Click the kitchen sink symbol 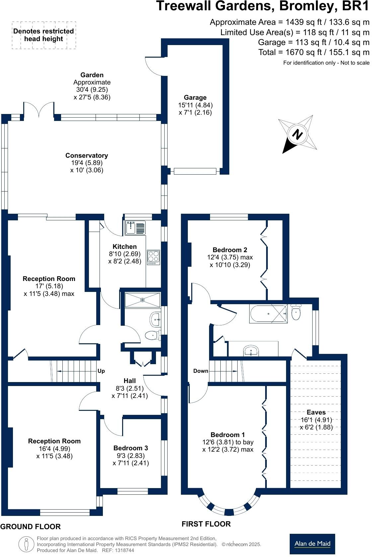[135, 228]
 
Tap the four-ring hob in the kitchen [153, 257]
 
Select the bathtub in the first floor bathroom [268, 314]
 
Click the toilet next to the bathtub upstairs [296, 311]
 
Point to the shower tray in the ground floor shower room [142, 300]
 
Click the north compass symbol [298, 134]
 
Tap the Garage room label [195, 97]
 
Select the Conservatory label [87, 155]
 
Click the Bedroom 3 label [131, 448]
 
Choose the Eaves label [316, 412]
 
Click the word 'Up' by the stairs [101, 371]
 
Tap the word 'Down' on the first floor [201, 371]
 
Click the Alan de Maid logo [312, 544]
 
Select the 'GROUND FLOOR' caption [31, 527]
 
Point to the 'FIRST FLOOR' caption [206, 524]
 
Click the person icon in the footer [26, 544]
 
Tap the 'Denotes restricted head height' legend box [44, 35]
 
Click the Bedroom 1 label [228, 435]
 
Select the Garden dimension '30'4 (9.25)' [92, 89]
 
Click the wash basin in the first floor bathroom [251, 351]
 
